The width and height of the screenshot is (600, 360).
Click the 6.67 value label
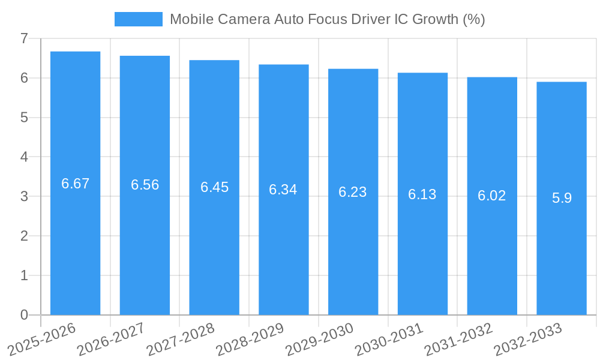(x=75, y=184)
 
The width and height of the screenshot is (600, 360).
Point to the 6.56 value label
(x=145, y=185)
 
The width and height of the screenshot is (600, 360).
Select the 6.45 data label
(x=214, y=187)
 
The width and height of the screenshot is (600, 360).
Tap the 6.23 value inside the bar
(x=353, y=192)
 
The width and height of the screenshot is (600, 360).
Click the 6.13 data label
(x=422, y=194)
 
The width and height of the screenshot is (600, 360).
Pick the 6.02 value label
(x=491, y=196)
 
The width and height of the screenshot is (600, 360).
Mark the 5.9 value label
(x=562, y=198)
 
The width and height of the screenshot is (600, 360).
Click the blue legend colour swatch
(x=139, y=19)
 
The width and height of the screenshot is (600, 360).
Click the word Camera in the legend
(x=244, y=19)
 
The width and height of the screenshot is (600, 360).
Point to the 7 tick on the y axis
(x=24, y=38)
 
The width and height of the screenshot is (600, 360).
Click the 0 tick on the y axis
(x=24, y=315)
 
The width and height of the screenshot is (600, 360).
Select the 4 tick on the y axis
(x=24, y=157)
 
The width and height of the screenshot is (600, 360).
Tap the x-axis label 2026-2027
(x=111, y=339)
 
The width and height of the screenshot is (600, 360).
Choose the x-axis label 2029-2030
(x=320, y=339)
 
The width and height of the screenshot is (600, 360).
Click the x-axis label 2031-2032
(x=458, y=339)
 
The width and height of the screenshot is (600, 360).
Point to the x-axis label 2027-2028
(x=181, y=339)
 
